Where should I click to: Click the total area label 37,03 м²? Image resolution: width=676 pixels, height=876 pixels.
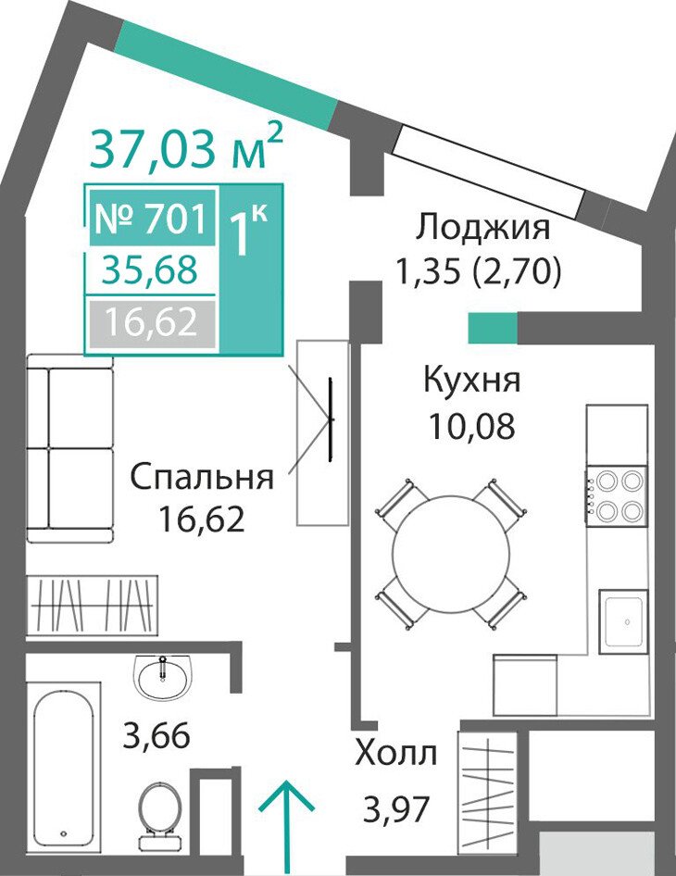coord(185,147)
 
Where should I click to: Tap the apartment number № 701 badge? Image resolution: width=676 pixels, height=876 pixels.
coord(153,218)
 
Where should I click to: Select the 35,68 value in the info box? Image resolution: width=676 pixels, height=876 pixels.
coord(151,269)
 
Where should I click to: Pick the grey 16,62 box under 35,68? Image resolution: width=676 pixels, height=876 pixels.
coord(153,322)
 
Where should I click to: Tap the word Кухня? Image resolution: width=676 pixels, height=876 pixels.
coord(472,381)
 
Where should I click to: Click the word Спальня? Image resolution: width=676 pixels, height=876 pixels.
coord(202,478)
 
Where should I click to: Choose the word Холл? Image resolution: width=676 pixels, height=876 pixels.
coord(396,754)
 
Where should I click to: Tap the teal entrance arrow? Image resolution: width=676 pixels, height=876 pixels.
coord(286,828)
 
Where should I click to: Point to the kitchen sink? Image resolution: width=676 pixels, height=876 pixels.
coord(624,620)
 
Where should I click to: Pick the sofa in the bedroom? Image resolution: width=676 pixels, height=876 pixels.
coord(69,447)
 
